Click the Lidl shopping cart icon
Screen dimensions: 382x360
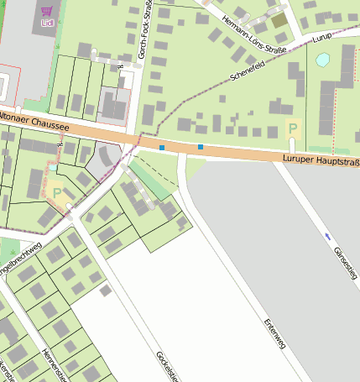(x=45, y=13)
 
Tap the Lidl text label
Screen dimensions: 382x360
(x=45, y=24)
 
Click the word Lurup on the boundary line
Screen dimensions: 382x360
(x=322, y=38)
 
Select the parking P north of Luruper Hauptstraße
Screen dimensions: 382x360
(x=292, y=129)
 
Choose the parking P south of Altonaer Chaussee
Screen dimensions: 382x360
(x=56, y=192)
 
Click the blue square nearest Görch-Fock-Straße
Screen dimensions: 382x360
(x=162, y=148)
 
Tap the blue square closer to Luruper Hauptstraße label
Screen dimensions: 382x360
(x=201, y=148)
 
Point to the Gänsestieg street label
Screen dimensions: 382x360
(x=345, y=262)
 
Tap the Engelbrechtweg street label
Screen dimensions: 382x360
(x=20, y=259)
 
